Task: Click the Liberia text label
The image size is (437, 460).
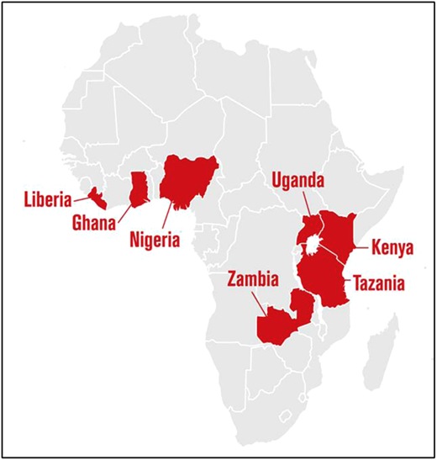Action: (x=47, y=200)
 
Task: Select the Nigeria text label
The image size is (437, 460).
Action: (x=155, y=241)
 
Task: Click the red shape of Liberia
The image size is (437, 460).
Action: (x=98, y=198)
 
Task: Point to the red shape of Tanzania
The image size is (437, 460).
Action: (x=326, y=278)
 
